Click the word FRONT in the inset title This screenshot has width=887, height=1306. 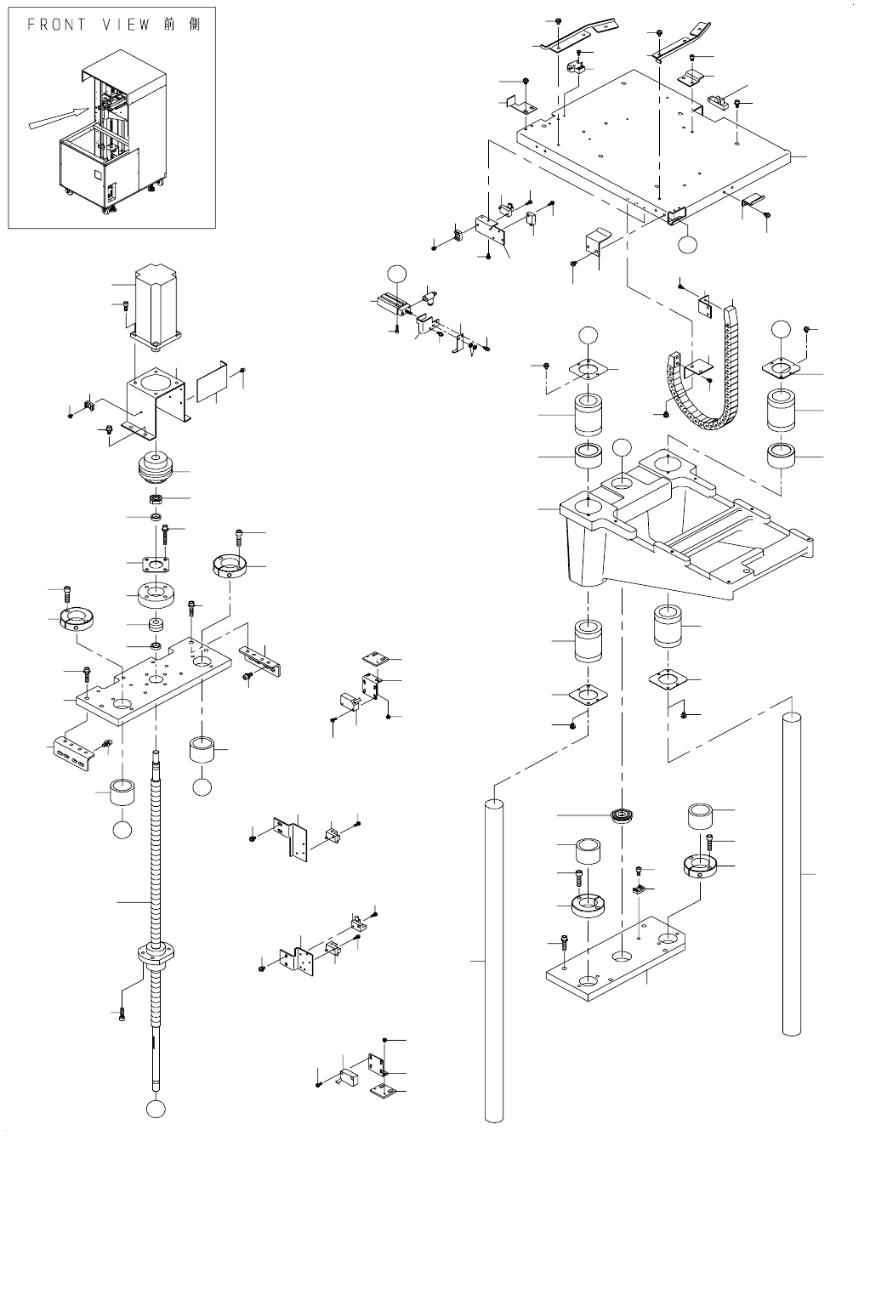click(57, 25)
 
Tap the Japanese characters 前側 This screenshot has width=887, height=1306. click(181, 25)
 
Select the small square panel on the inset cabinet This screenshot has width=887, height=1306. click(98, 173)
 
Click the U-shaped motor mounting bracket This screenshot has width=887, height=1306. click(156, 401)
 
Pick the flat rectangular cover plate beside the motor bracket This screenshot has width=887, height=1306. click(211, 381)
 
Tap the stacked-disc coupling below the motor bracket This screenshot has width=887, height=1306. click(156, 468)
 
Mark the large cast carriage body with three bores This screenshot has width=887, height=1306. click(685, 525)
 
